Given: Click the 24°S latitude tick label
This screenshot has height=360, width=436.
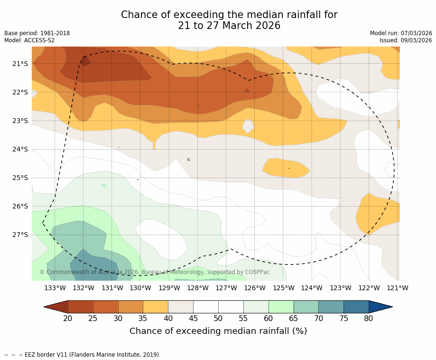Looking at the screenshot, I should coord(20,149).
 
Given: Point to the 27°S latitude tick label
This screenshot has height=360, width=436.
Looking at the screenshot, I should coord(20,235).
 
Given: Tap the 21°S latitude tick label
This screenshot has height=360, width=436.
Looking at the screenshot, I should coord(20,64).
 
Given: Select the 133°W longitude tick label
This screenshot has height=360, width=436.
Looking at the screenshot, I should coord(55,288).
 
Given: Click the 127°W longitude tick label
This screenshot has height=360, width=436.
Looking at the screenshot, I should coord(226,288).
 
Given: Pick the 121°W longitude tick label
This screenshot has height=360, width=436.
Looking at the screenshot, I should coord(397,288).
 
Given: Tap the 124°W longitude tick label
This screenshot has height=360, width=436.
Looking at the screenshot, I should coord(312,288).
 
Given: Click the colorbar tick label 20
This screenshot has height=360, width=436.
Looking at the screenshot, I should coord(68,318).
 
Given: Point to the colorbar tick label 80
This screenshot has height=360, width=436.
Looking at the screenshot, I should coord(369,318).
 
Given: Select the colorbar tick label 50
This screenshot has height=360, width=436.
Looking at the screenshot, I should coord(218,318).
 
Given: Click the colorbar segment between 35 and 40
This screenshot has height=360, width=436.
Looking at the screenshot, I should coord(156,307).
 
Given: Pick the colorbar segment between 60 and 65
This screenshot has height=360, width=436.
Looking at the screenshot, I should coord(281,307).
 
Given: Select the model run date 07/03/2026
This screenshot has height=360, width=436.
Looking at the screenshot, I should coord(416,33).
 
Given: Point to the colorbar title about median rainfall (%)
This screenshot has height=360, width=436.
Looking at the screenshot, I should coord(218,331).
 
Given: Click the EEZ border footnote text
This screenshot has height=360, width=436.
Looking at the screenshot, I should coord(90,355).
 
